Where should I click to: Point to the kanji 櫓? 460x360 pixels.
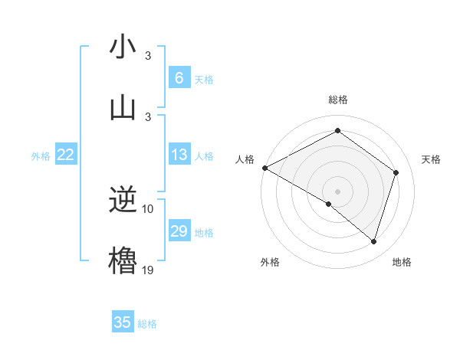click(123, 259)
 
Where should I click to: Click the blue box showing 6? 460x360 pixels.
click(179, 78)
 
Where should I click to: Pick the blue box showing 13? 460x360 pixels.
click(179, 155)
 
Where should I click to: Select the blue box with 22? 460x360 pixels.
click(66, 155)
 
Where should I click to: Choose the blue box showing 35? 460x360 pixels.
click(123, 322)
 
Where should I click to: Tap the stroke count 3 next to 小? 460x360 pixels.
click(148, 56)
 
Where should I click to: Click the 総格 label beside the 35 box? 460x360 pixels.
click(147, 324)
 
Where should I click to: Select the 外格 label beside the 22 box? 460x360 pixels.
click(41, 156)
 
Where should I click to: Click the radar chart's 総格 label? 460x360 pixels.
click(337, 100)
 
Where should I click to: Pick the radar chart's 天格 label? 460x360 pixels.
click(431, 159)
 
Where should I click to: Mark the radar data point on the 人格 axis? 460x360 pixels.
click(264, 167)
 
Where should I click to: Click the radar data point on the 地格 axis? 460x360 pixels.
click(373, 241)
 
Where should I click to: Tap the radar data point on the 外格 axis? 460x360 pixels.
click(329, 204)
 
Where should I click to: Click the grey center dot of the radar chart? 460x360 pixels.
click(337, 191)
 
